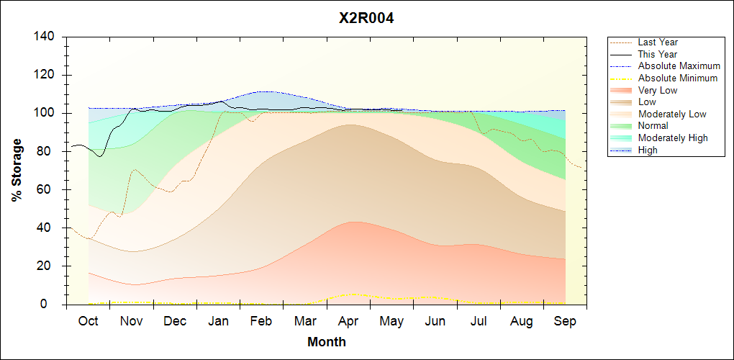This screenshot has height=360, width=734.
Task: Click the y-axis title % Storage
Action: click(x=17, y=170)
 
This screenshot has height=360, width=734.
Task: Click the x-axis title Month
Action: click(x=327, y=342)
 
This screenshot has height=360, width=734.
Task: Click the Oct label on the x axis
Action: click(x=88, y=322)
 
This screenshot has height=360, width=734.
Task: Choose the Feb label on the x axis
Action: click(x=261, y=322)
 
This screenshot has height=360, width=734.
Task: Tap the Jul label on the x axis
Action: click(x=478, y=322)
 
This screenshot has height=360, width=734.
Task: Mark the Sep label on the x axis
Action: click(x=565, y=322)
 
